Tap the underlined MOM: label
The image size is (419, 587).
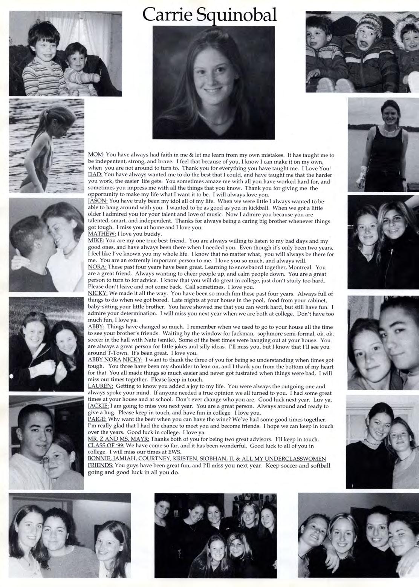coord(96,155)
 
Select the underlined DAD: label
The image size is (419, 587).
coord(95,175)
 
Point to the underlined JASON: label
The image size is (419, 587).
coord(98,201)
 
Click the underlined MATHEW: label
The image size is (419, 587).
coord(102,234)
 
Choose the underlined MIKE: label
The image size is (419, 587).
coord(96,241)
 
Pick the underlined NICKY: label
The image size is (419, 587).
coord(98,293)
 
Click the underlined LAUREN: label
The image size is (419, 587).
coord(100,386)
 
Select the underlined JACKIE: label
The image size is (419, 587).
coord(98,406)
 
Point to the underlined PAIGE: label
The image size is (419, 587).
coord(97,419)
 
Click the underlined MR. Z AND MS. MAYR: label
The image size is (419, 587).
coord(118,439)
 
